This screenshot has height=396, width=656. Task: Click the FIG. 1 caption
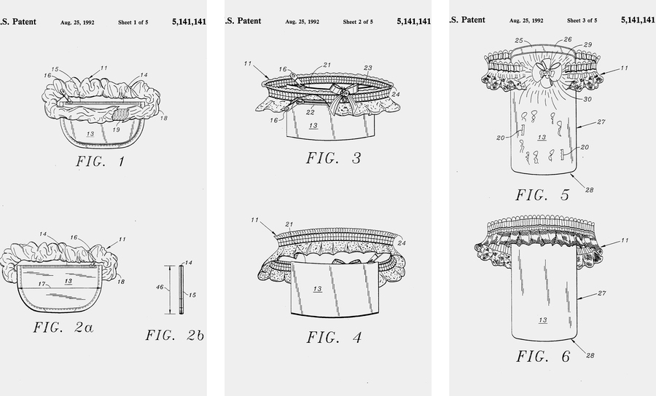101,162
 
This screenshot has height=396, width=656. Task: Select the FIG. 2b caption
175,335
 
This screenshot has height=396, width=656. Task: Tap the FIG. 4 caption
334,337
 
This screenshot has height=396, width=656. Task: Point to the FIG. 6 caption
542,356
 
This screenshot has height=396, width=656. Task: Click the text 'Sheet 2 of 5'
358,22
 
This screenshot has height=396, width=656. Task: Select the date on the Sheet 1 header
77,23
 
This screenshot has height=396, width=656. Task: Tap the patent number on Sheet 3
638,20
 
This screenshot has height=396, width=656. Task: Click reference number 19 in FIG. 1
117,130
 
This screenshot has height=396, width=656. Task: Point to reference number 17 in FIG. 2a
42,284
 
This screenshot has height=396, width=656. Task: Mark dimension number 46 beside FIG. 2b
160,287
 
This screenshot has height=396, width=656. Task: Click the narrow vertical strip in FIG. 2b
181,290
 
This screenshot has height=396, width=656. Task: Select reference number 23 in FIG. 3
368,68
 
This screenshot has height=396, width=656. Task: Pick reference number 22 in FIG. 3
310,112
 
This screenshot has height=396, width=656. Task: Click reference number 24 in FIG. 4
402,242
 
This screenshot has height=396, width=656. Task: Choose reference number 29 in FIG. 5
587,44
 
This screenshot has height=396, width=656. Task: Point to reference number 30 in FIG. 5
587,99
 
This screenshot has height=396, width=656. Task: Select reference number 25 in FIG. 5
519,41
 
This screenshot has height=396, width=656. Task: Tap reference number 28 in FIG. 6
590,355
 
